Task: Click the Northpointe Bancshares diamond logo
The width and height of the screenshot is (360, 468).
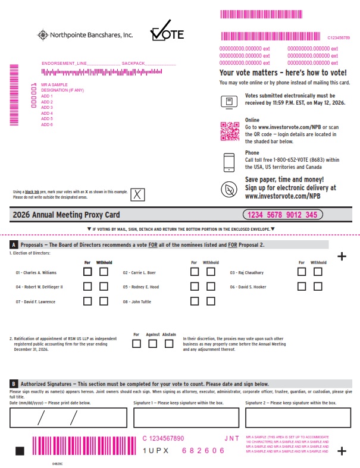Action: tap(42, 35)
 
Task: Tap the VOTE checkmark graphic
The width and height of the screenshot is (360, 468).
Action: tap(167, 33)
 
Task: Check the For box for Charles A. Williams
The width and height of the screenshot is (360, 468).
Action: tap(87, 272)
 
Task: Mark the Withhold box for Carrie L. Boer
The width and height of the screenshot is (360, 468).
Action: tap(211, 272)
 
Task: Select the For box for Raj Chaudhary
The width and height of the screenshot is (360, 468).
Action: tap(302, 272)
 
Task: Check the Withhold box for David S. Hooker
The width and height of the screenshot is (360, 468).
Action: tap(318, 287)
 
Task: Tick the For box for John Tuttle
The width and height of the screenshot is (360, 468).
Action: tap(195, 301)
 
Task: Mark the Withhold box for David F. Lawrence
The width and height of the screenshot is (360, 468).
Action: tap(104, 301)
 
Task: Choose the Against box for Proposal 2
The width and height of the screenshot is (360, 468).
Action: tap(153, 343)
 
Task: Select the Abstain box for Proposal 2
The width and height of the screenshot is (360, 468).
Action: tap(169, 343)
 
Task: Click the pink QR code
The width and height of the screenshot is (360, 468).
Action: tap(229, 131)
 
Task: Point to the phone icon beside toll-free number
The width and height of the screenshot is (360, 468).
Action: tap(229, 162)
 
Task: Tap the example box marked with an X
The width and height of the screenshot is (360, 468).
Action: tap(137, 194)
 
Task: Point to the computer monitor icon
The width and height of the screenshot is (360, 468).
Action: tap(229, 102)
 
